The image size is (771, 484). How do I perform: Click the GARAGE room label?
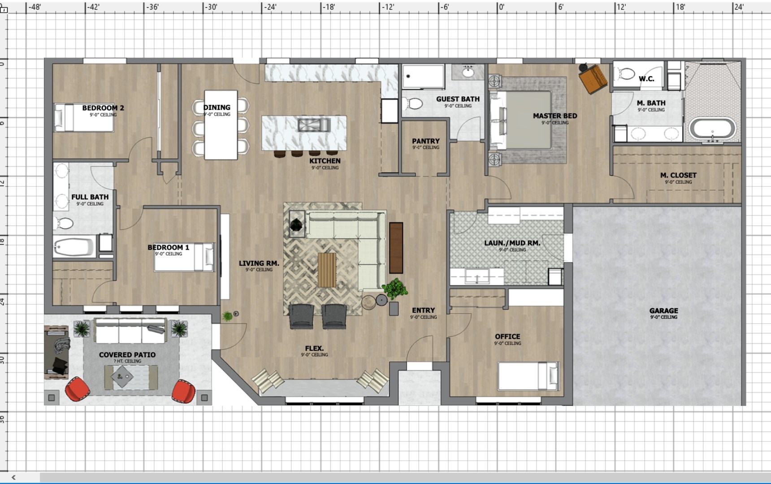[x=663, y=311]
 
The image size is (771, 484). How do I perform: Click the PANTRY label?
[x=425, y=141]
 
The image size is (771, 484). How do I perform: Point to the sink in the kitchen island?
[x=314, y=125]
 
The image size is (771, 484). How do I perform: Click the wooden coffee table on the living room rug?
[x=327, y=270]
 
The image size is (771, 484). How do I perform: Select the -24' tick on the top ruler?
[x=270, y=7]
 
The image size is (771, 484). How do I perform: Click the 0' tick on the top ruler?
[x=501, y=7]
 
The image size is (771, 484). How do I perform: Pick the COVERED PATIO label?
[x=127, y=355]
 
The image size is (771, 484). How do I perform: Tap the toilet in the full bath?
[x=64, y=223]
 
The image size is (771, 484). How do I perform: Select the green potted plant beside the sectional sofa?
[x=395, y=288]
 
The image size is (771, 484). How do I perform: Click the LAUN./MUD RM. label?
[x=512, y=243]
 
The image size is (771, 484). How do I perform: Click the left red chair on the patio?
[x=77, y=389]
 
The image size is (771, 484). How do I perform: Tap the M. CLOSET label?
[x=678, y=176]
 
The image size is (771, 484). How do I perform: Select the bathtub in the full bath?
[x=74, y=247]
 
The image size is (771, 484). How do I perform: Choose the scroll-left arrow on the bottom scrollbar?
[x=13, y=478]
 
